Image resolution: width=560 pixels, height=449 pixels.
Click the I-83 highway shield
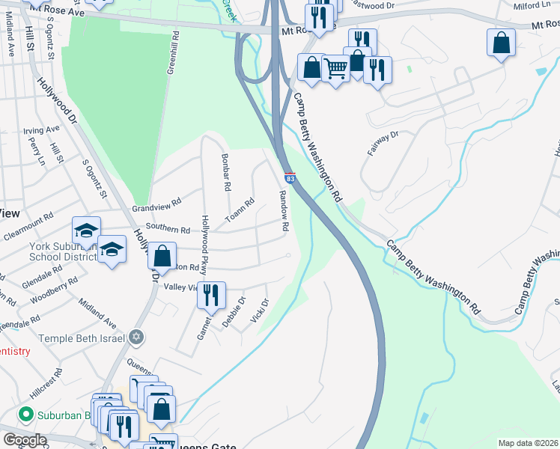pyautogui.click(x=290, y=177)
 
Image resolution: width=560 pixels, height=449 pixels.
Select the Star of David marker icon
pyautogui.click(x=135, y=337)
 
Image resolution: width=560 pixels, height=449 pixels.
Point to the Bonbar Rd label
pyautogui.click(x=225, y=172)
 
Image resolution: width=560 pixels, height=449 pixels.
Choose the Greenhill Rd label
pyautogui.click(x=171, y=52)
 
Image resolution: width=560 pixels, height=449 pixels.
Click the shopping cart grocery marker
pyautogui.click(x=336, y=68)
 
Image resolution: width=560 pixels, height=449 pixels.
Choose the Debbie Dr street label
pyautogui.click(x=234, y=312)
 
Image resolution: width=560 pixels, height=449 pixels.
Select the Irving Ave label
pyautogui.click(x=41, y=129)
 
